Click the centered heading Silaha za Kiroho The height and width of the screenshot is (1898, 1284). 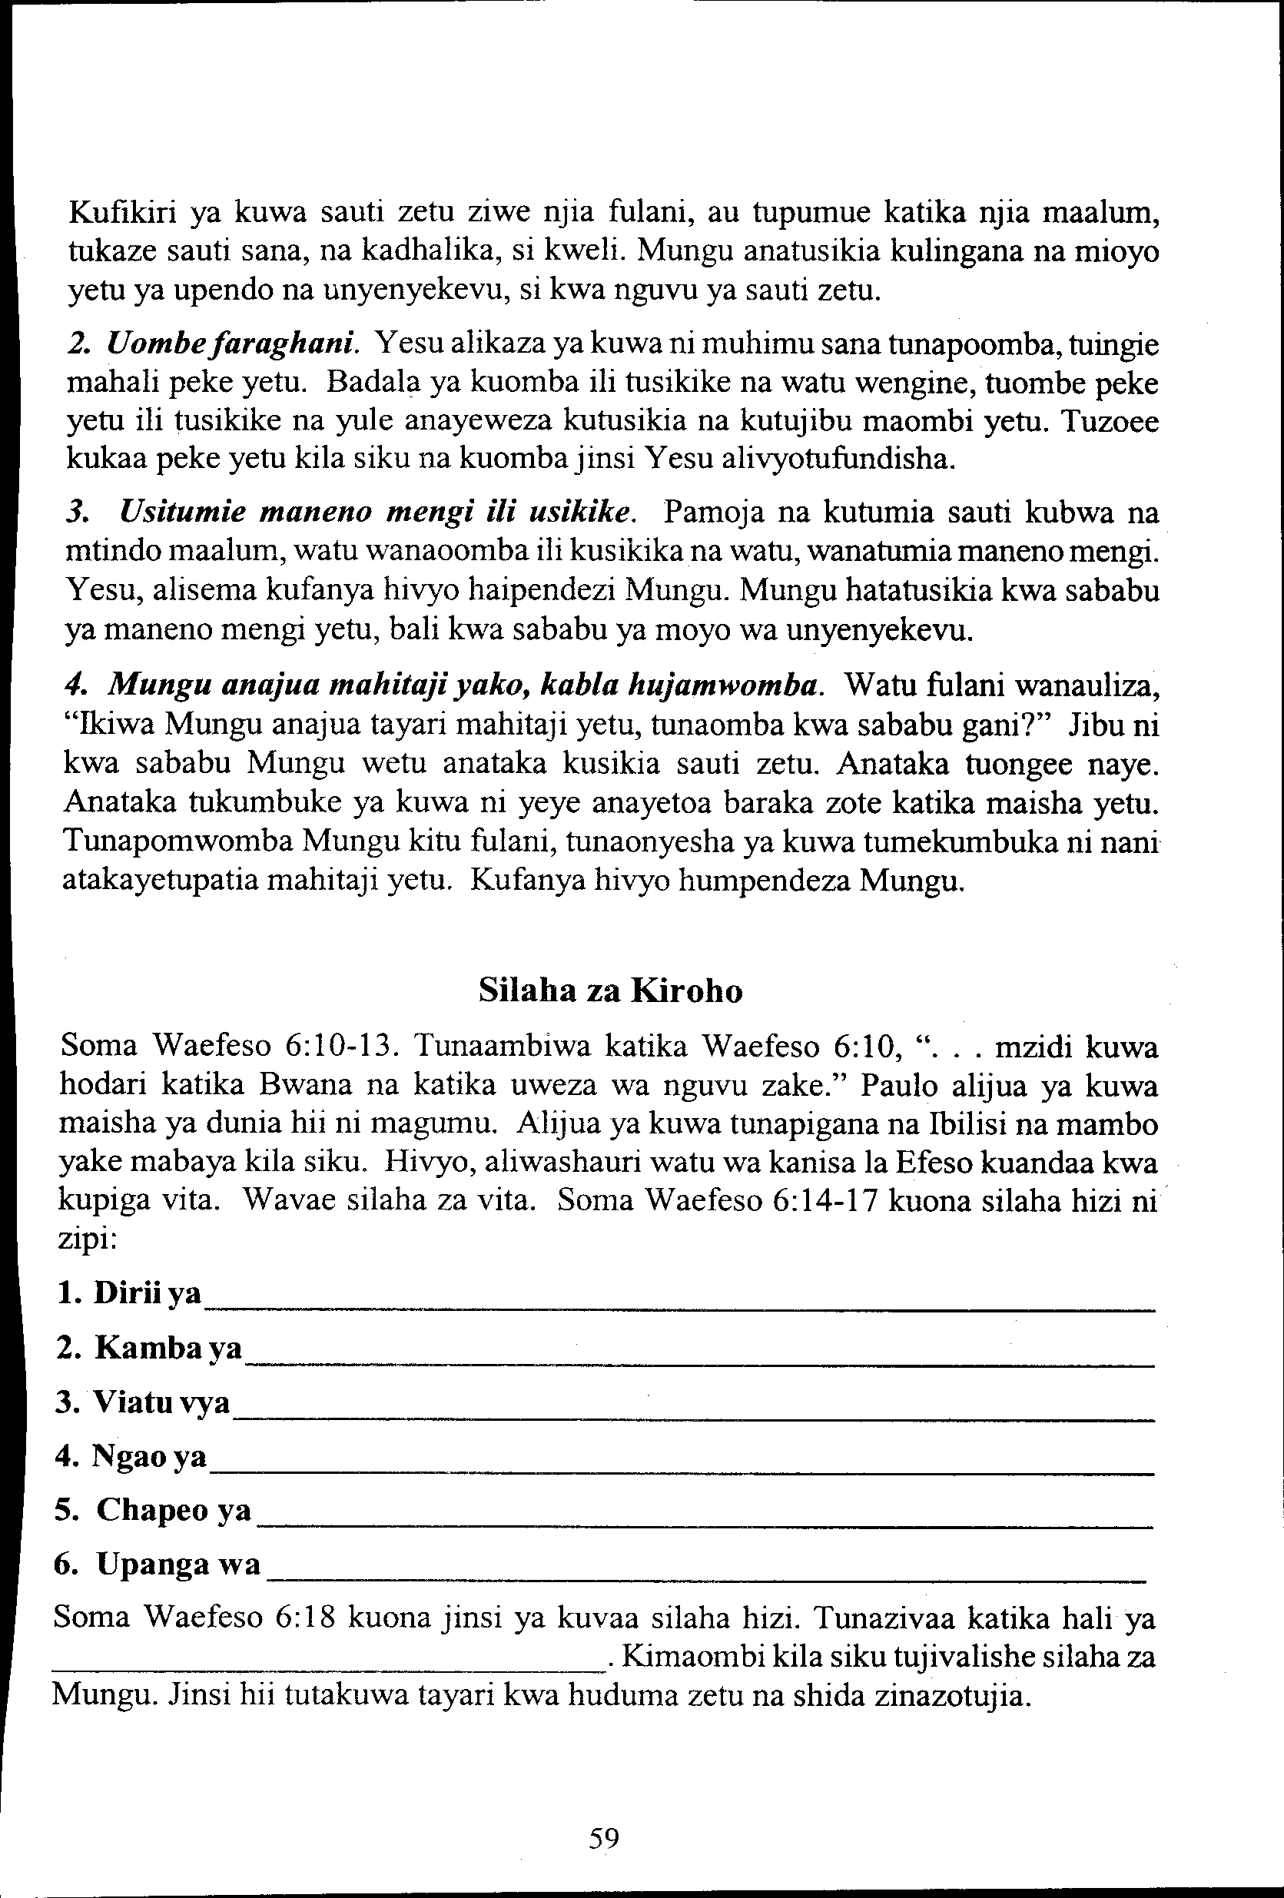tap(610, 990)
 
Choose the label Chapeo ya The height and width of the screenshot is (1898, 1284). tap(154, 1510)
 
